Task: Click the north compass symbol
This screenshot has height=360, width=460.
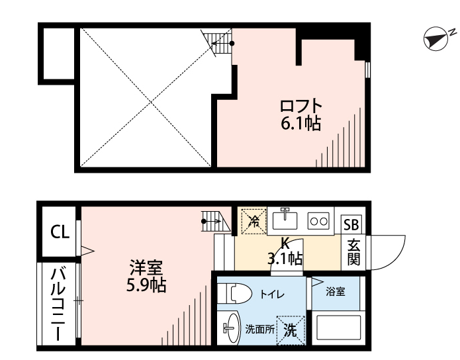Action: coord(436,39)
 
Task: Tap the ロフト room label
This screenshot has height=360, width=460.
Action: coord(301,106)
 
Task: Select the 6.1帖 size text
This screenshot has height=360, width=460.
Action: coord(300,123)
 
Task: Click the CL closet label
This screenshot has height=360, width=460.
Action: coord(60,232)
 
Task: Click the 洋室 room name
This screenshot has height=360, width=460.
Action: coord(146,267)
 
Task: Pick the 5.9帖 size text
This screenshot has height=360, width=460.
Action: coord(146,285)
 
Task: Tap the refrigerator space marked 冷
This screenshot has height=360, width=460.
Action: coord(253,221)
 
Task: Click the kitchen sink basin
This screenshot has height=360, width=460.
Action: coord(285,220)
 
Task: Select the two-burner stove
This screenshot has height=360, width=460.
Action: coord(319,221)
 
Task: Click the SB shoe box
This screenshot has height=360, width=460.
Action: coord(351,225)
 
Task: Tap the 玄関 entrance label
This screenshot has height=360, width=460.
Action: coord(353,252)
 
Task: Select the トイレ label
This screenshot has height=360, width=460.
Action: coord(272,294)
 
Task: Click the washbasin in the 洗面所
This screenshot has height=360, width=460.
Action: coord(232,328)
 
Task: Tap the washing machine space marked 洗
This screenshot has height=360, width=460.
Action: coord(291,330)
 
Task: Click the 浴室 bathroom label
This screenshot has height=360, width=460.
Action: coord(336,292)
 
